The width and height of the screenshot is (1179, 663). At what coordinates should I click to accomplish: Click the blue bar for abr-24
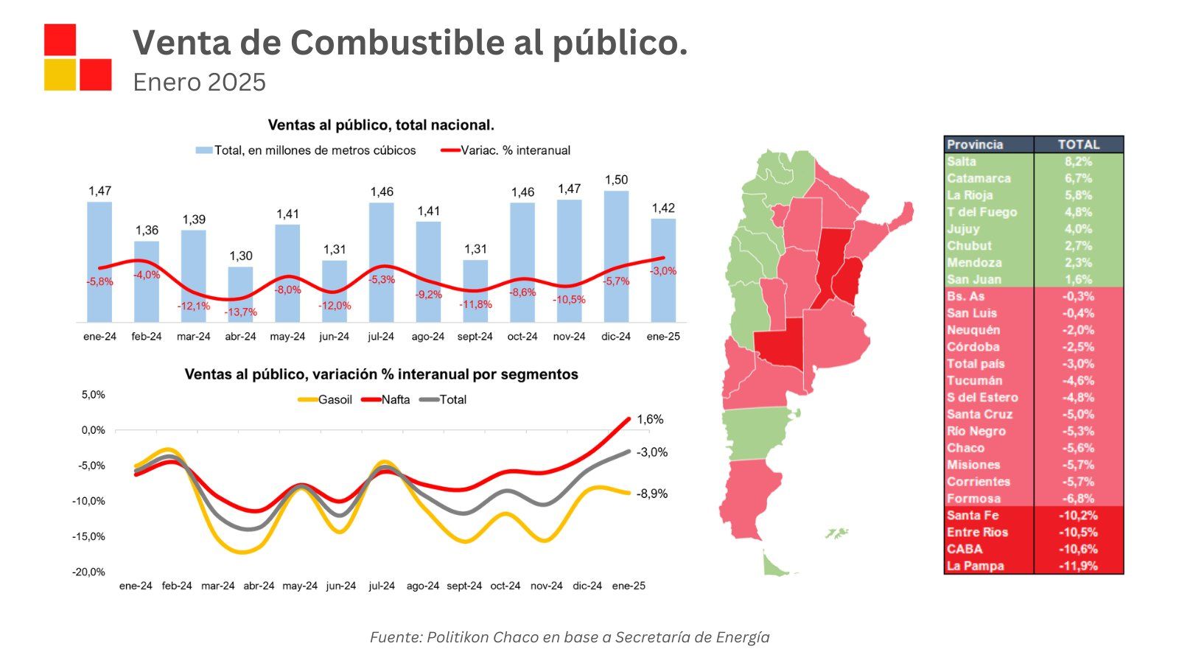(x=240, y=295)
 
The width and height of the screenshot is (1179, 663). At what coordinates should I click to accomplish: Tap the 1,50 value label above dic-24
(x=616, y=180)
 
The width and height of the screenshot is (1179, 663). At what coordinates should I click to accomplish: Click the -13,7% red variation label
(x=241, y=312)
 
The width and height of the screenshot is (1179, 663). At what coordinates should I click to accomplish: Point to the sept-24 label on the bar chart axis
(x=475, y=337)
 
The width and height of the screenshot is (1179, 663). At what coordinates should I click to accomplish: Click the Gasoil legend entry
(x=325, y=400)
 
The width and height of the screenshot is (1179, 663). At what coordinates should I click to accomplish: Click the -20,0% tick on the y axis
(x=88, y=572)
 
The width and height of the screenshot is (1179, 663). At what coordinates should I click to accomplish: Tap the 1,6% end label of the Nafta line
(x=650, y=419)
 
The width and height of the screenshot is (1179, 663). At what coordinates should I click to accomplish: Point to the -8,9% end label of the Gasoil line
(x=652, y=494)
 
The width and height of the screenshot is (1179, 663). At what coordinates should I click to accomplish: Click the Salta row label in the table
(x=962, y=161)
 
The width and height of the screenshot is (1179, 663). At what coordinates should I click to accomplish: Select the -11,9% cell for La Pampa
(x=1078, y=566)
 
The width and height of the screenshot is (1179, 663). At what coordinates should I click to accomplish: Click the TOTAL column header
(x=1079, y=144)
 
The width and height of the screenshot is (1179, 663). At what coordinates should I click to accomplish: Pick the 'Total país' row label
(x=976, y=364)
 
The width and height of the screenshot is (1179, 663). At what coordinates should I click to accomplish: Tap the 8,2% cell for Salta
(x=1078, y=161)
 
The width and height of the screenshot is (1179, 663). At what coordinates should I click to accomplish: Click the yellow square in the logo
(x=60, y=74)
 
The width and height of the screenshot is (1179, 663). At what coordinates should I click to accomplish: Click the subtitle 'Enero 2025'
(x=199, y=82)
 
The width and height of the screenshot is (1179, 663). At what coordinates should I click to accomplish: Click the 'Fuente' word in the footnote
(x=394, y=637)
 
